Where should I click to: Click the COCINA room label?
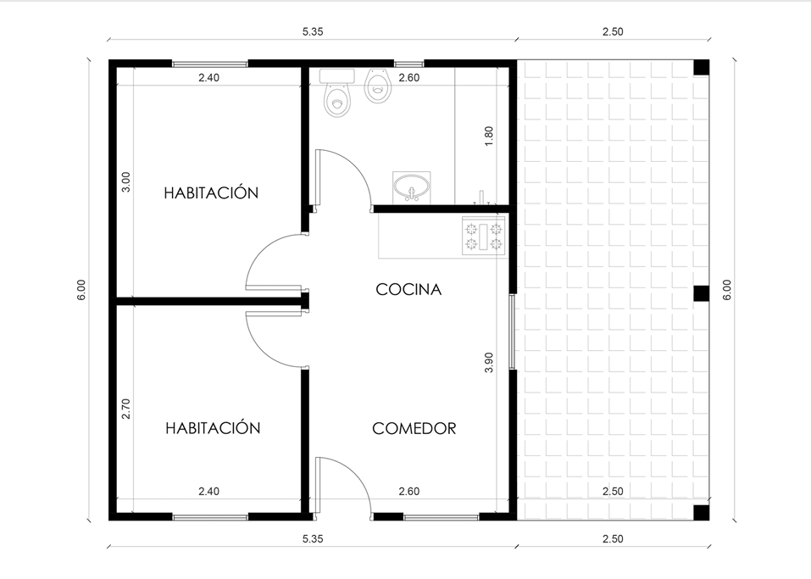408,289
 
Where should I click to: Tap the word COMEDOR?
414,428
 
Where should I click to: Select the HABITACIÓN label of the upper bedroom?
211,192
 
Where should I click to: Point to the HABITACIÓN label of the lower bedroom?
213,428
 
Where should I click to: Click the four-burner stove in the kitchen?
484,236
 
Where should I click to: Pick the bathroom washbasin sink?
411,187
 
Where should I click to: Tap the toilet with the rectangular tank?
337,93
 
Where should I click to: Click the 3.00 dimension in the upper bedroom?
125,182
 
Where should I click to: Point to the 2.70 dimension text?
125,409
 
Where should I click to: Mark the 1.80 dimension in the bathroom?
489,136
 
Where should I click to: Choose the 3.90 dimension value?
489,362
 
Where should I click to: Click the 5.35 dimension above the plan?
313,31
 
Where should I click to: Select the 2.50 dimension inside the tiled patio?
613,491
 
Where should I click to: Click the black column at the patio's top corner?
702,68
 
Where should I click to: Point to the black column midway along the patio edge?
702,292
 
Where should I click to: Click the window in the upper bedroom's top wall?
209,64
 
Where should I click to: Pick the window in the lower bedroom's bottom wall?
210,516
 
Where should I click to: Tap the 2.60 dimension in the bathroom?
408,78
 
